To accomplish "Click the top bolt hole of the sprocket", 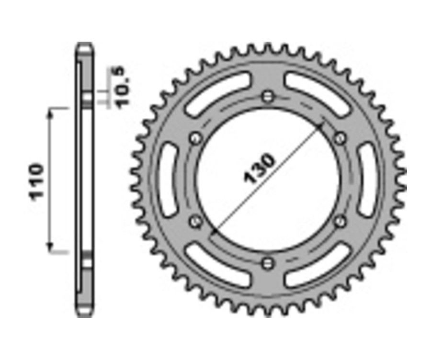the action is tap(268, 97).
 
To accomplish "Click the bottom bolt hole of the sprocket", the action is tap(268, 263).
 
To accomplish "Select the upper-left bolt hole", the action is tap(195, 139).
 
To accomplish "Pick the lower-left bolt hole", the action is tap(195, 221).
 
